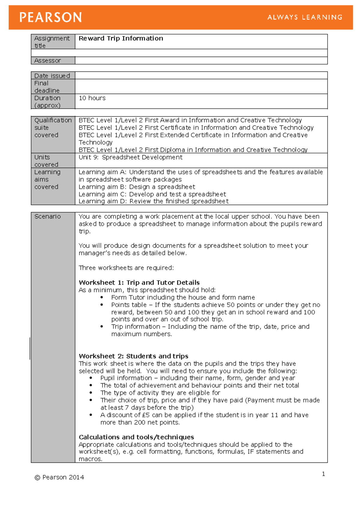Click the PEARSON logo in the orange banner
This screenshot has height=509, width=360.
[x=50, y=17]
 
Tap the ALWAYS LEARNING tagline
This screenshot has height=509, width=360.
[x=305, y=17]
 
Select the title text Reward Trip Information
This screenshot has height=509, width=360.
[x=121, y=38]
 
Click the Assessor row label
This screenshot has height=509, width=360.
[x=48, y=61]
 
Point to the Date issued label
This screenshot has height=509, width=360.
[x=52, y=76]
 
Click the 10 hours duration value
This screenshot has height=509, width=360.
[x=92, y=98]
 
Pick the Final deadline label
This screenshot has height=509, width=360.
[x=47, y=87]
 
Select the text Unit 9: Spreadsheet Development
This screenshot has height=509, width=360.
[x=130, y=157]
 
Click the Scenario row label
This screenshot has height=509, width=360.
[x=47, y=216]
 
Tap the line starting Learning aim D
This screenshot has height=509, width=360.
[x=154, y=201]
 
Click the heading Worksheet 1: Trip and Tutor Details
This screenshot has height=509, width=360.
[x=139, y=283]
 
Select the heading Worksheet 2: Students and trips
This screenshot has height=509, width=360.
[x=133, y=356]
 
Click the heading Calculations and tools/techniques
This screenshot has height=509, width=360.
[x=136, y=437]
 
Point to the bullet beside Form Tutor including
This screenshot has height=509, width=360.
[x=102, y=297]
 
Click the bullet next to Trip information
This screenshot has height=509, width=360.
[x=102, y=327]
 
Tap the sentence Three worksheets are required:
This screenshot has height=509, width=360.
[x=126, y=268]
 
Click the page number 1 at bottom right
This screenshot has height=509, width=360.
[x=323, y=474]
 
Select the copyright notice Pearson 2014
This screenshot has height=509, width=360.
[x=60, y=477]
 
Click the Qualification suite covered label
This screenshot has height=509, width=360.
[x=52, y=128]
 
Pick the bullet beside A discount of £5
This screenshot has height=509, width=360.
[x=91, y=415]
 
